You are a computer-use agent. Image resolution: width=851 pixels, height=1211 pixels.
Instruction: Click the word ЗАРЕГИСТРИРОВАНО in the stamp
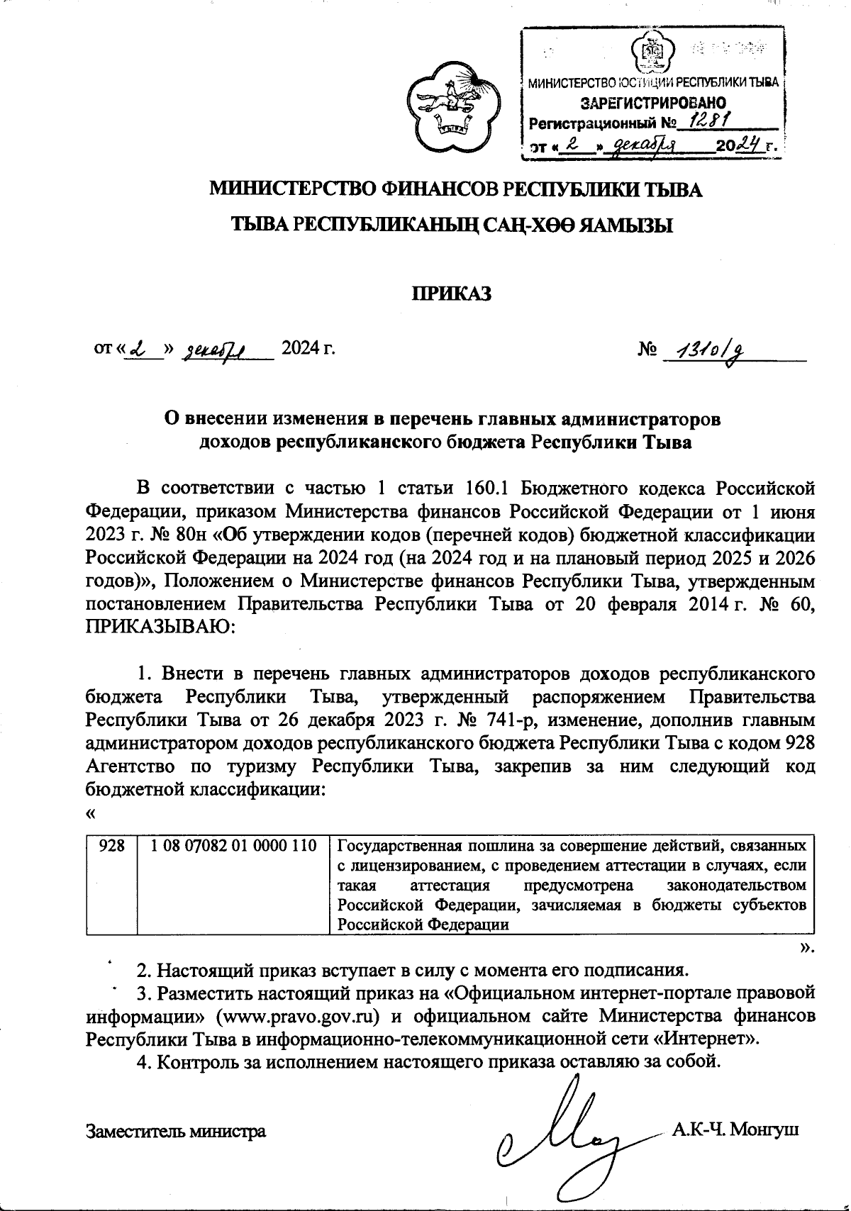(653, 103)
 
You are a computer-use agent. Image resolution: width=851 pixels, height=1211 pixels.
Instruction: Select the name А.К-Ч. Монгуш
(735, 1129)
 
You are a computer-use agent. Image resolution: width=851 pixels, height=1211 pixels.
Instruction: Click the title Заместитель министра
(175, 1131)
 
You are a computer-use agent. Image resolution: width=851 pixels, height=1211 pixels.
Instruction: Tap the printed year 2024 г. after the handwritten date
(308, 348)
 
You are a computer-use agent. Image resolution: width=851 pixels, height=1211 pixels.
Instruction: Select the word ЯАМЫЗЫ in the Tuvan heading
(626, 225)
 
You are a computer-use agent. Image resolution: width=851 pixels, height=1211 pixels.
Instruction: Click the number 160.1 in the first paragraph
(490, 489)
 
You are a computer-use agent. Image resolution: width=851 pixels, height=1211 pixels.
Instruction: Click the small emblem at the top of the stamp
(650, 51)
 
